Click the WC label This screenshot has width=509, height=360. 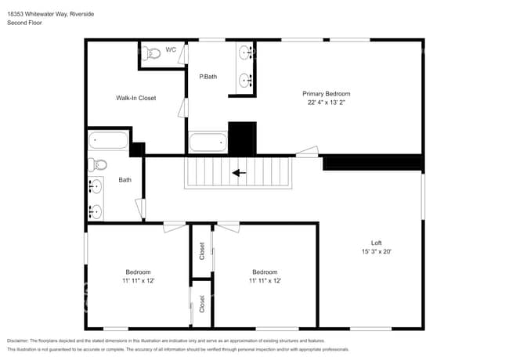click(x=170, y=51)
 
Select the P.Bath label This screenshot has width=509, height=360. click(x=207, y=76)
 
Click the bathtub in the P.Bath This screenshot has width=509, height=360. click(x=208, y=143)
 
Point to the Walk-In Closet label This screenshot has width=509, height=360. click(x=136, y=98)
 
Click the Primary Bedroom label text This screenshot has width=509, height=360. click(x=326, y=93)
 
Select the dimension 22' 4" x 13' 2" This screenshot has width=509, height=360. click(x=326, y=102)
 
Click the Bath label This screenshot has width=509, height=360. click(x=125, y=180)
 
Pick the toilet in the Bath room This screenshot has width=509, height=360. click(x=97, y=164)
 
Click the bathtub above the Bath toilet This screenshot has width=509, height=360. click(x=108, y=141)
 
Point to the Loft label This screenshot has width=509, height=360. click(x=376, y=242)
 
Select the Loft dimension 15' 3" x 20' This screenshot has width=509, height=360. click(x=376, y=251)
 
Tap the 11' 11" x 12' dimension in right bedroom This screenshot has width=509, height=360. click(x=265, y=280)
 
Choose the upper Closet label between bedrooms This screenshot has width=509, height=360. click(x=202, y=250)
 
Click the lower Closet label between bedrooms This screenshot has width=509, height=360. click(x=202, y=304)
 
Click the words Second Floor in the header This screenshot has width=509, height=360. click(x=24, y=23)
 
